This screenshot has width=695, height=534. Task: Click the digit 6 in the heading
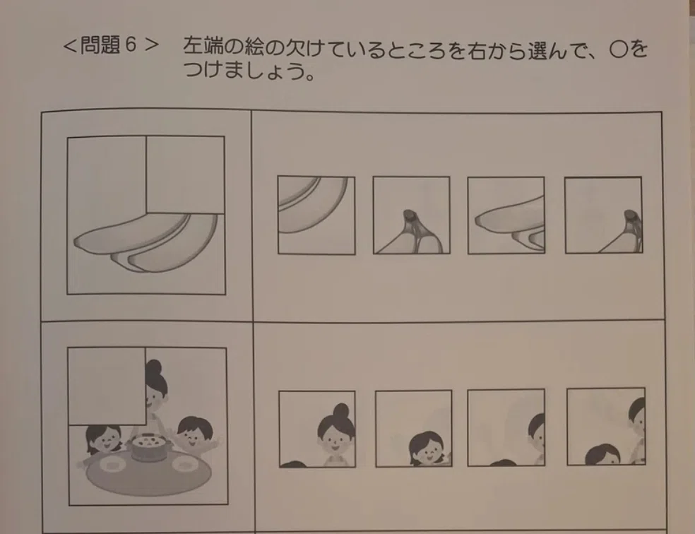pos(131,44)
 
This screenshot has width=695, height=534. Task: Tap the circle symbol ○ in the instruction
pos(618,49)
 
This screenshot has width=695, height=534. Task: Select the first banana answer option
pos(316,215)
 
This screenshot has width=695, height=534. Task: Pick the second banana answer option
pos(411,215)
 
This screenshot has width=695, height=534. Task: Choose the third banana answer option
pos(506,215)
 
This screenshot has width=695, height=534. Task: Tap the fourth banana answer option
pos(603,215)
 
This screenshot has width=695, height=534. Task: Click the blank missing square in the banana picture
pos(185,174)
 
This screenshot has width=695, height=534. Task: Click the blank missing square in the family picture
pos(107,386)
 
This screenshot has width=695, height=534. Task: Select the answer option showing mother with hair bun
pos(317,429)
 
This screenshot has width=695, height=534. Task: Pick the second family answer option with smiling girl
pos(414,429)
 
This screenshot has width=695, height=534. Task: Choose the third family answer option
pos(506,427)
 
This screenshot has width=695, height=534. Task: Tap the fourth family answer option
pos(606,427)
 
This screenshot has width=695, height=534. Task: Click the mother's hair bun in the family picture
pos(154,367)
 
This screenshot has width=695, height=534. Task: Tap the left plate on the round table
pos(112,464)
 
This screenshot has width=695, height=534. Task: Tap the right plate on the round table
pos(184,464)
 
